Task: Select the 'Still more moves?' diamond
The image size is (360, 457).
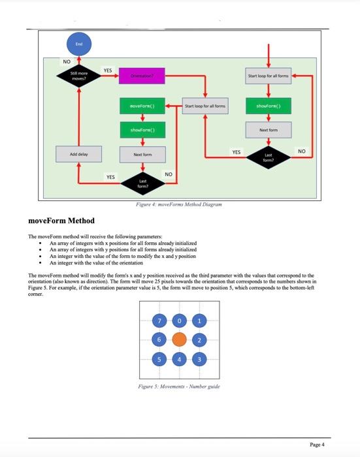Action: pos(79,76)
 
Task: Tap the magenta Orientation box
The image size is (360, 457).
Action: pos(142,76)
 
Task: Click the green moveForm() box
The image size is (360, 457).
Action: pos(142,105)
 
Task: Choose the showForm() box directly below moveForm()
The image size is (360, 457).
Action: pos(142,130)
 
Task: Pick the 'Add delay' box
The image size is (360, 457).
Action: pos(79,154)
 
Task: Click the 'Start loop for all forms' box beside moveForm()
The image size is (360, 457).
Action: pos(205,105)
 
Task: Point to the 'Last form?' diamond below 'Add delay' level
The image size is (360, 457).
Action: pos(142,181)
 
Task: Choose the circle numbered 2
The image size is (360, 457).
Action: pos(199,339)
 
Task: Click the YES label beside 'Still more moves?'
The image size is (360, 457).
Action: pos(108,70)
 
